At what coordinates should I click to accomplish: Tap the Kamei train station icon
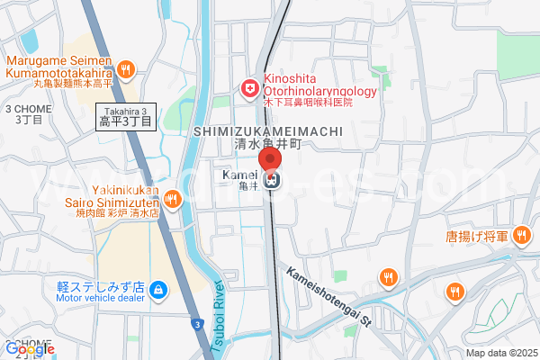(272, 179)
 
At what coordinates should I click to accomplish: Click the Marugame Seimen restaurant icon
(127, 67)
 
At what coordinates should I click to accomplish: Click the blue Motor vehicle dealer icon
(158, 290)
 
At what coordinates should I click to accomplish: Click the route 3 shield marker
(195, 321)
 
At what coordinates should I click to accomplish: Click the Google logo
(29, 349)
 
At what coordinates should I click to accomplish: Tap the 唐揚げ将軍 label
(477, 237)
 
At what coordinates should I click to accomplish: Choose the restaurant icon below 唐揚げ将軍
(455, 292)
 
